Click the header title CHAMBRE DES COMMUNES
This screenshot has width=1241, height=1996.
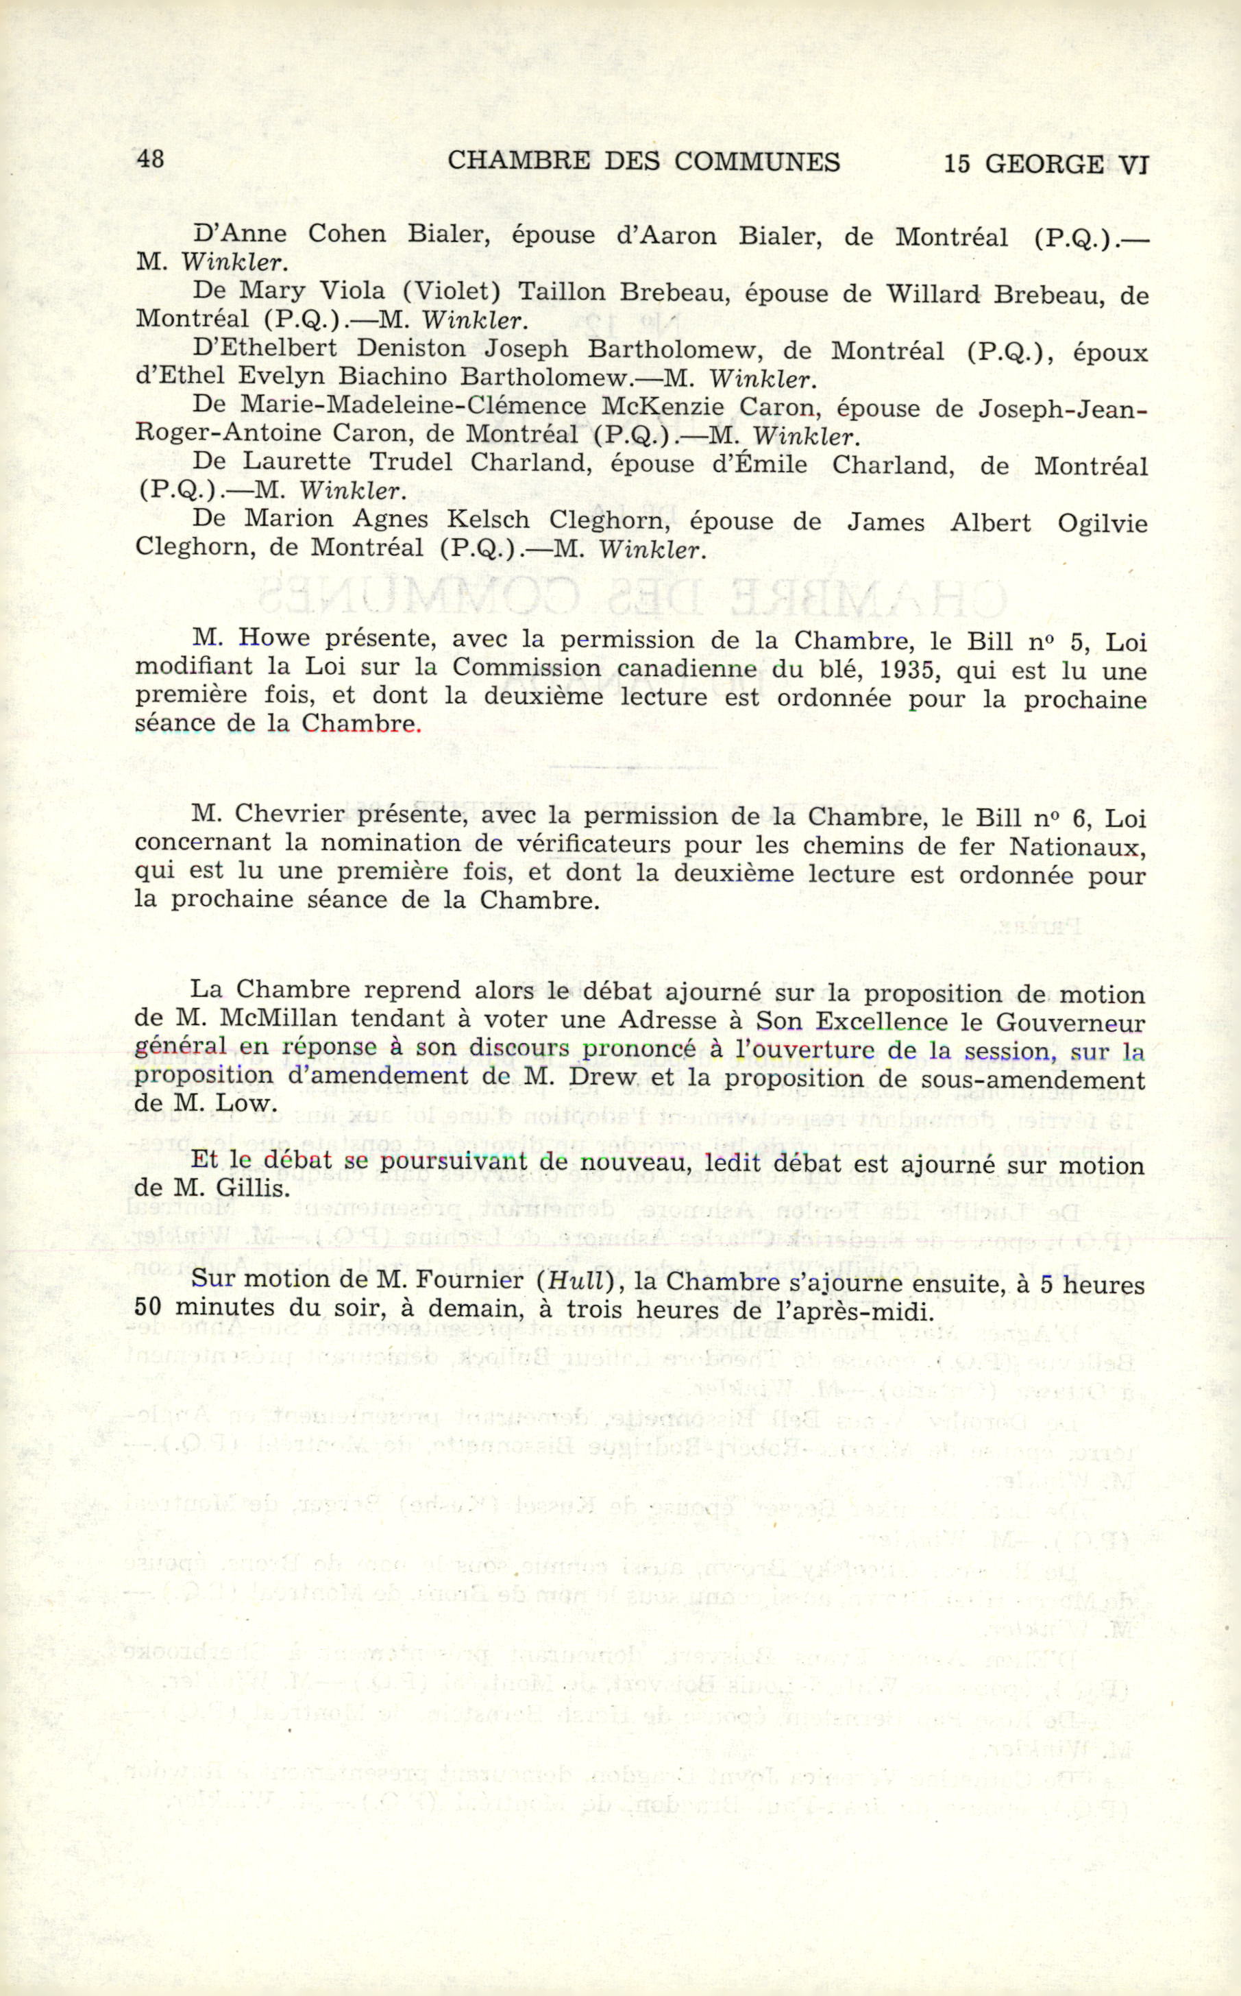(x=643, y=162)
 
